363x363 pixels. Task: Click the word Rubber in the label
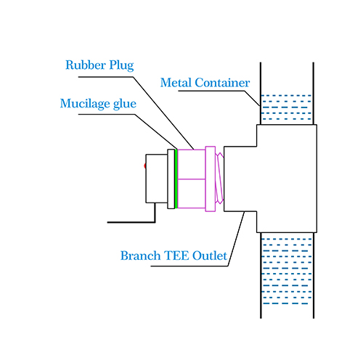(86, 65)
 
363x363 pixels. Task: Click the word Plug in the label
(121, 65)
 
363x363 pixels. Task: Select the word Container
(222, 83)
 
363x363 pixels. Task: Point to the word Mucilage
(85, 104)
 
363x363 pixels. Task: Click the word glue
(125, 104)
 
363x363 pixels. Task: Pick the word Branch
(140, 256)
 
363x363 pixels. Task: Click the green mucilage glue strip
(176, 179)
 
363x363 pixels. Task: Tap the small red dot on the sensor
(145, 166)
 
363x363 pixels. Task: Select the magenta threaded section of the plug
(219, 178)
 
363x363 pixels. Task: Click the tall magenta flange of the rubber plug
(211, 179)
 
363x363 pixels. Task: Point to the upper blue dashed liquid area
(287, 107)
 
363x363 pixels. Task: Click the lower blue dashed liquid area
(287, 271)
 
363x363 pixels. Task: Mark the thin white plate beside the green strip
(171, 179)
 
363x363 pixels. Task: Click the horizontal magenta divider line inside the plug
(192, 179)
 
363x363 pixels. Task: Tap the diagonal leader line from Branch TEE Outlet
(236, 239)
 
